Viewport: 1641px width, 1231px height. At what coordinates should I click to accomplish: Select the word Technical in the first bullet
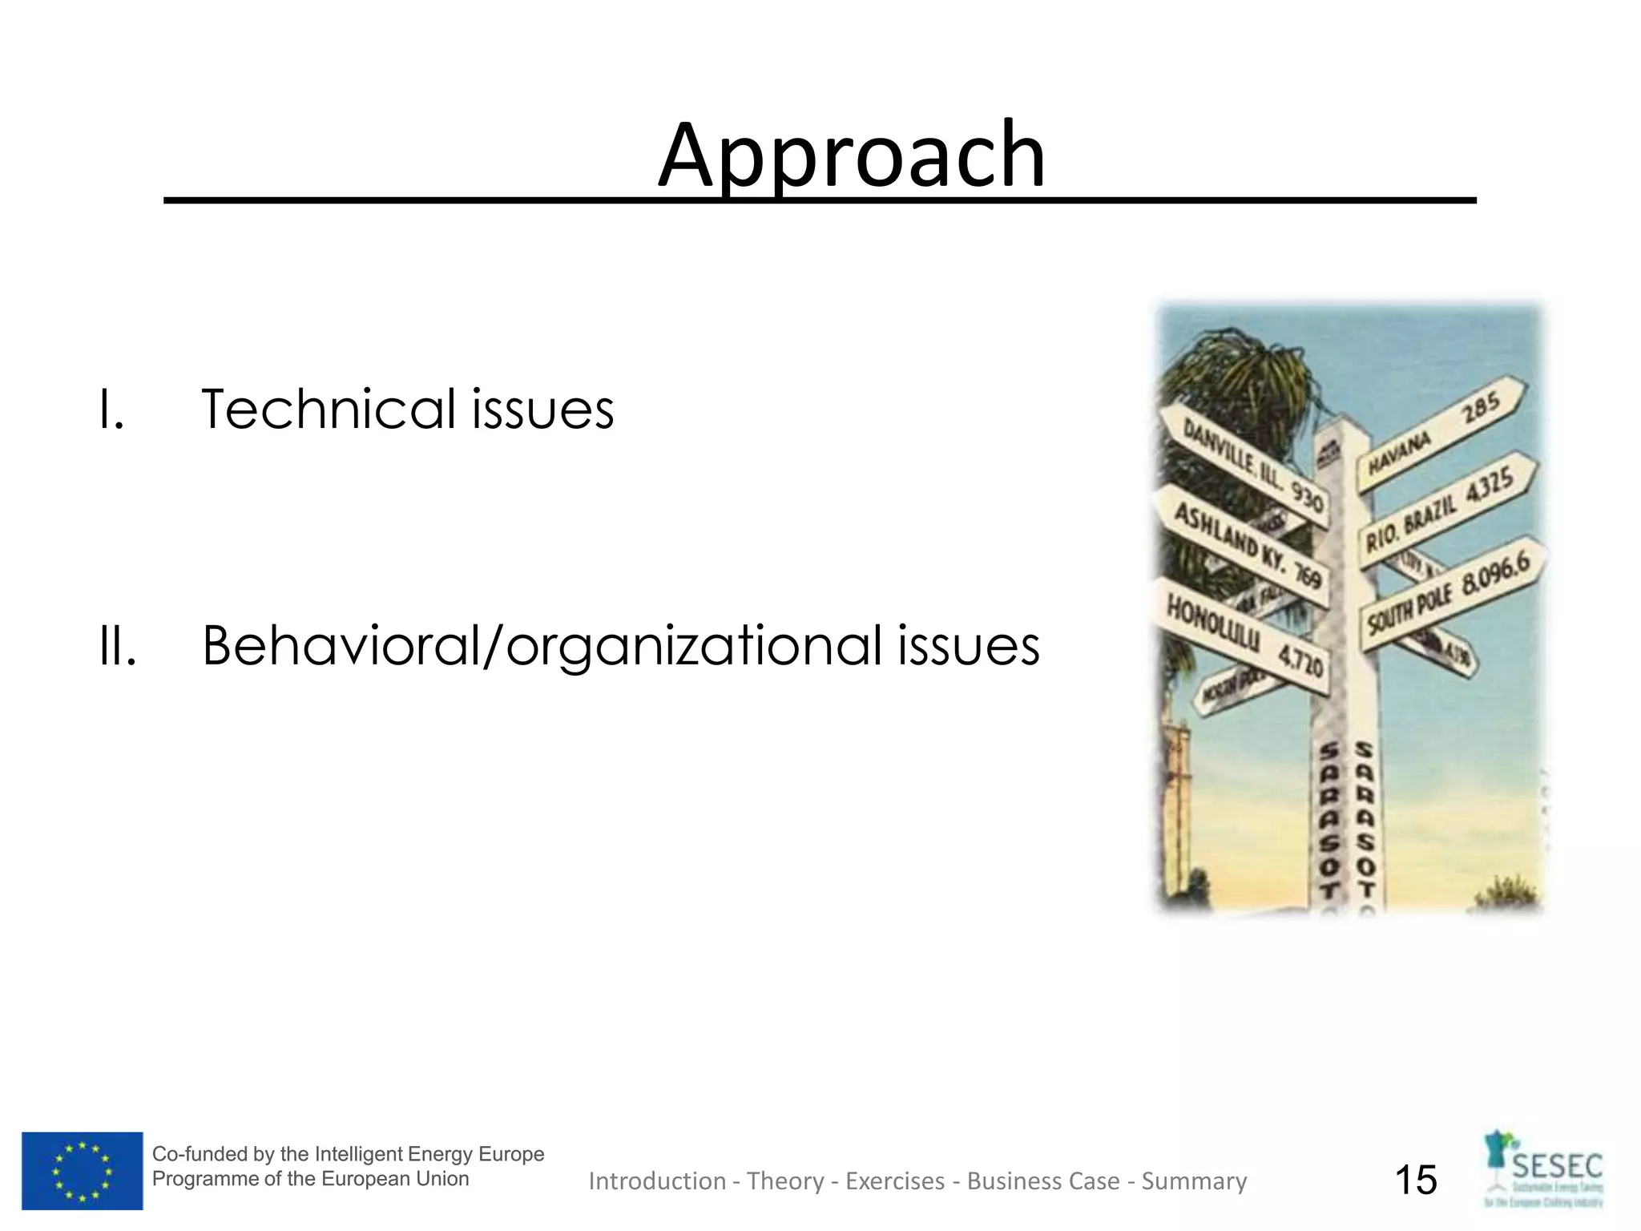point(329,410)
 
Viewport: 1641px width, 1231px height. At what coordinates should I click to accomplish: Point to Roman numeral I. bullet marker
point(111,410)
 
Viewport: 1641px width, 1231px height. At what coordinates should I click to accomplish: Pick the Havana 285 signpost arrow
point(1438,434)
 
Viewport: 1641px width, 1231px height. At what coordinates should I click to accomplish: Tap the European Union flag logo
point(83,1171)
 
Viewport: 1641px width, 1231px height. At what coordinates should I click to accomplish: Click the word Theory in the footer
point(785,1181)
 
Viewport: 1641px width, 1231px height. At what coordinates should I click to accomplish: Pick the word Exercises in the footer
point(895,1181)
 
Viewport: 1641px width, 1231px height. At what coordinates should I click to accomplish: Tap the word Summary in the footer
point(1194,1181)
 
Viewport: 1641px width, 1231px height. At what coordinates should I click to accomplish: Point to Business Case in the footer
point(1043,1181)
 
